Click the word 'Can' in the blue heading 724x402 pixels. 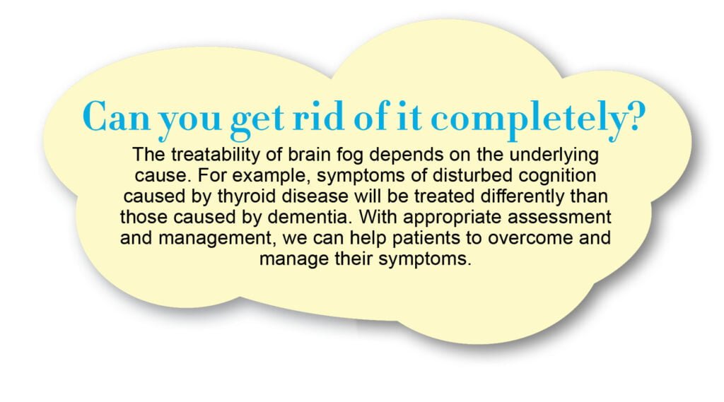coord(117,116)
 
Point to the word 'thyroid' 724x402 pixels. coord(247,197)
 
